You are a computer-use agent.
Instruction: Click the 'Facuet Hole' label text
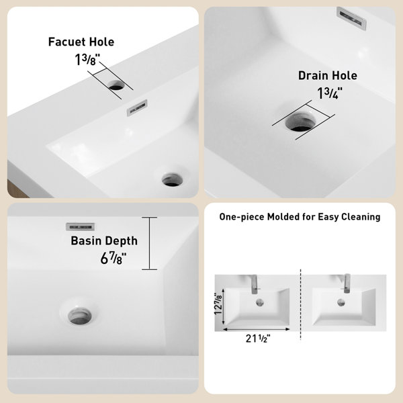point(81,42)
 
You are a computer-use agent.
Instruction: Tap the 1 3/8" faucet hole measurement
point(87,60)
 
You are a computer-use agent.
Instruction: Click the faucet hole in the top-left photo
point(116,85)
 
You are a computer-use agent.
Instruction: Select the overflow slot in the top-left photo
point(137,107)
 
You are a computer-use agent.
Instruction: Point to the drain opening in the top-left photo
point(172,179)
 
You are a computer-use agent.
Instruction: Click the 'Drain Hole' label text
point(328,75)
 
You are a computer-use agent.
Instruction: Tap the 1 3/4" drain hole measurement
point(330,93)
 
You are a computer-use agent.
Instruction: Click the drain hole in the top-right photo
point(300,122)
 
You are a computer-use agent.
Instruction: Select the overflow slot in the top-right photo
point(351,18)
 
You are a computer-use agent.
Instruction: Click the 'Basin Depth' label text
point(104,241)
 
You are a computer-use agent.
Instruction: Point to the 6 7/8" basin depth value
point(114,258)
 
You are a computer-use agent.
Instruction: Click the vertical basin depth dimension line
point(149,243)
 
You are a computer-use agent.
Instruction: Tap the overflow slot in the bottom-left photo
point(81,227)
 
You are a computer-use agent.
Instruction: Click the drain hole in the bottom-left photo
point(80,316)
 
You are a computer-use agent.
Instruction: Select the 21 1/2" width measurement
point(258,339)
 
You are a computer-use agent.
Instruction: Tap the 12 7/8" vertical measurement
point(218,304)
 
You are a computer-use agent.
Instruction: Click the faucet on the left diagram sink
point(254,285)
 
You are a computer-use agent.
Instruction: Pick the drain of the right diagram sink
point(341,302)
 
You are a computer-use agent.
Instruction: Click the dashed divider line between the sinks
point(300,304)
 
